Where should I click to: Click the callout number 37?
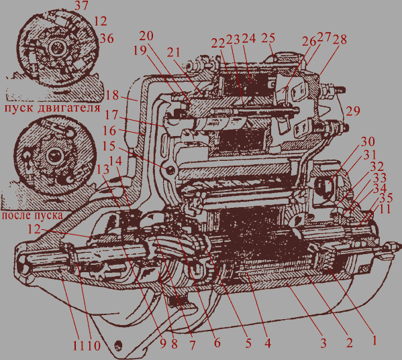point(81,6)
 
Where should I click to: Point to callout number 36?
point(107,38)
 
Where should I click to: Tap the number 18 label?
point(112,95)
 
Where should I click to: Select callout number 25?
point(268,38)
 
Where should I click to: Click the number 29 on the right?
point(353,111)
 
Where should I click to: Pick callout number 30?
point(368,141)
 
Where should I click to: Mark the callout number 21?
point(174,52)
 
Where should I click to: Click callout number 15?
point(109,146)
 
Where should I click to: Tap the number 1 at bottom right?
point(374,341)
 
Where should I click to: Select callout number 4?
point(268,343)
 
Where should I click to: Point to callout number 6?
point(217,343)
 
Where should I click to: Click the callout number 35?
point(386,198)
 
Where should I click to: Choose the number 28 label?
point(340,39)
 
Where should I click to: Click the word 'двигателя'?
point(69,108)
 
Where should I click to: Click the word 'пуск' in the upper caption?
point(19,108)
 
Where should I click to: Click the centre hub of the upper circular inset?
point(56,48)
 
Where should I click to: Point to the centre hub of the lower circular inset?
point(54,156)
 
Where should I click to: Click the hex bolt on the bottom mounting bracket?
point(118,346)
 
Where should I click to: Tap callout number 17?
point(111,115)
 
